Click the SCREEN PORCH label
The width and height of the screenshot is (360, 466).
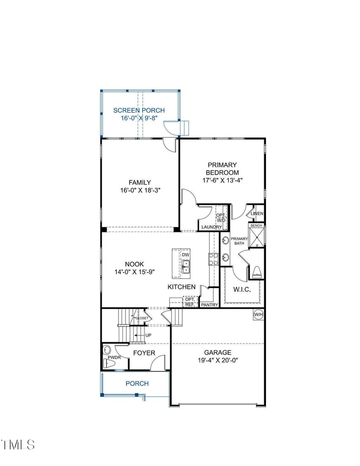[x=139, y=110]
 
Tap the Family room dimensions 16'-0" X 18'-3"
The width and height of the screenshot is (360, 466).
[x=139, y=190]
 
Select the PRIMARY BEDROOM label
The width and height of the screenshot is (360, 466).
[x=222, y=169]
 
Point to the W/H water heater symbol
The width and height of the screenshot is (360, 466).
[x=258, y=314]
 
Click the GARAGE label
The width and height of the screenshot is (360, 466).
[x=218, y=353]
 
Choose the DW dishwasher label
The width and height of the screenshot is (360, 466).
[x=185, y=255]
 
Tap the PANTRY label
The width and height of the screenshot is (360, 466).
[x=209, y=305]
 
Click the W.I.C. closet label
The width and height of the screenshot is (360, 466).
[x=242, y=290]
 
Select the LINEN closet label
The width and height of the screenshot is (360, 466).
[x=257, y=213]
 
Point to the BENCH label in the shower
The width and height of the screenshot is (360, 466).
[x=256, y=225]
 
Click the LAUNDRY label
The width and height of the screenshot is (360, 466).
[x=211, y=227]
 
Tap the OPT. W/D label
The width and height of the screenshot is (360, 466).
[x=221, y=217]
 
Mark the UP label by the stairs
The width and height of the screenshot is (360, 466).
[x=148, y=335]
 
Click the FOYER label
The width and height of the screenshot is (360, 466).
[x=144, y=353]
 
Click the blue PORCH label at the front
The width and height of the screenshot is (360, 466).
[x=137, y=384]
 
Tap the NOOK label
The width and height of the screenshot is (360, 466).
[x=134, y=265]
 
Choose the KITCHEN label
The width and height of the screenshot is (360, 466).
[x=181, y=287]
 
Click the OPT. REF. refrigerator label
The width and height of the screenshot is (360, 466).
[x=189, y=302]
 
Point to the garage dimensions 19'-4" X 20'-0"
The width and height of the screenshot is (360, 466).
[x=218, y=360]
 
